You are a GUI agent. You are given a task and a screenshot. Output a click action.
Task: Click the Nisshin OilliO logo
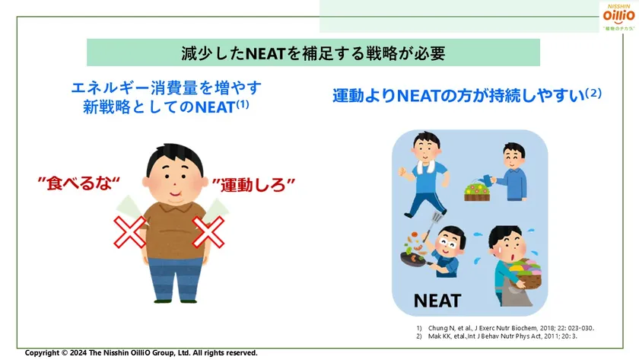pos(618,16)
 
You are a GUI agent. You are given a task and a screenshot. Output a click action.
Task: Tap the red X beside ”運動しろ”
pos(208,231)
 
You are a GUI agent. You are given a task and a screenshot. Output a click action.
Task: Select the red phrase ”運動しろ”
pos(253,184)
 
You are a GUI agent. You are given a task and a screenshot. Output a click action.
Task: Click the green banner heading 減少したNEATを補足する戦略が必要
pos(313,53)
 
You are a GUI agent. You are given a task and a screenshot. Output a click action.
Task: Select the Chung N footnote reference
pos(505,328)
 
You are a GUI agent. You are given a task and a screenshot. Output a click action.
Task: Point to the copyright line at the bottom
pos(141,353)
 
